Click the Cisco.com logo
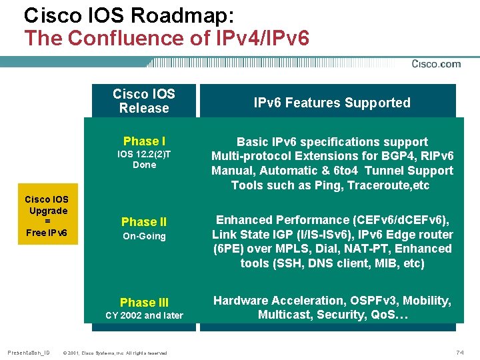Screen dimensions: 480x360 [x=436, y=64]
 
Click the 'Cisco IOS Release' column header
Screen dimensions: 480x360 [x=144, y=101]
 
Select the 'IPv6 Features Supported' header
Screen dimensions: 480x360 [x=332, y=103]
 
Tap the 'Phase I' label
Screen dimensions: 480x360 [x=144, y=141]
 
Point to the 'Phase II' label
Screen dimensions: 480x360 [x=144, y=222]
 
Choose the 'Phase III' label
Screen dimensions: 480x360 [x=144, y=303]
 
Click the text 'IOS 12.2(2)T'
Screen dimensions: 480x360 [x=144, y=155]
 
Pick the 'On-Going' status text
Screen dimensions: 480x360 [x=144, y=237]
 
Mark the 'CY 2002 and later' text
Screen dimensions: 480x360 [x=144, y=315]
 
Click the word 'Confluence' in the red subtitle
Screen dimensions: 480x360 [x=133, y=38]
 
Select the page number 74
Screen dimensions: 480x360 [x=459, y=351]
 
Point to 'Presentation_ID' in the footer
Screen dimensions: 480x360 [x=28, y=352]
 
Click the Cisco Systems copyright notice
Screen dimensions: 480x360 [x=114, y=352]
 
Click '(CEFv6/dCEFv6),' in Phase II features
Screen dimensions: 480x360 [x=405, y=220]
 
